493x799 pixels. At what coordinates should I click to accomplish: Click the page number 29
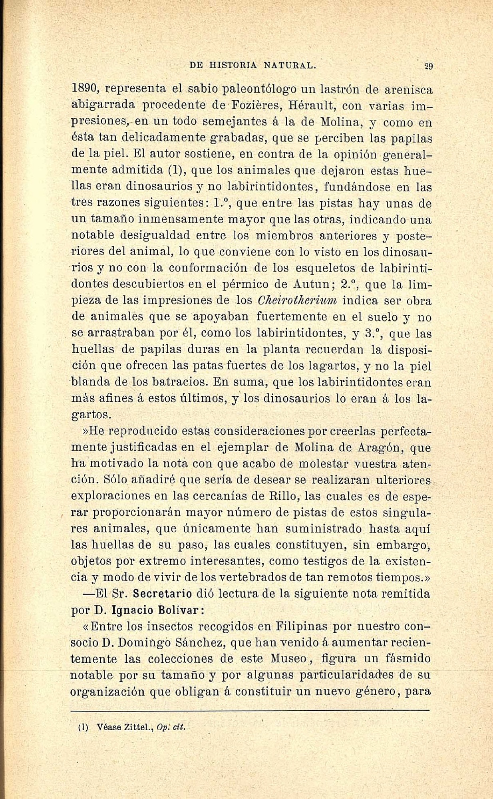click(429, 66)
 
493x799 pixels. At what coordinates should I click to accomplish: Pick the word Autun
click(311, 284)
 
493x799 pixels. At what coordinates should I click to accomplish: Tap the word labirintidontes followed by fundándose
click(272, 187)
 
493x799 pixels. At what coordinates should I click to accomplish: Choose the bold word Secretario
click(162, 594)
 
